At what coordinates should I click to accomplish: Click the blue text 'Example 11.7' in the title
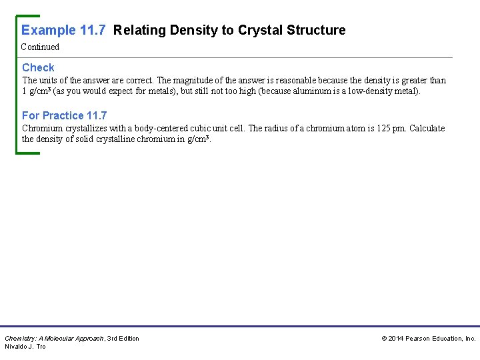click(x=65, y=30)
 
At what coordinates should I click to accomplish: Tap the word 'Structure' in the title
click(x=317, y=30)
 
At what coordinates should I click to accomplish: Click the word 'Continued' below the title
click(x=40, y=47)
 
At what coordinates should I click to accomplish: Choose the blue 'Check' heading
click(x=38, y=67)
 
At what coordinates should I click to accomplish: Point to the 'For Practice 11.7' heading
click(x=64, y=115)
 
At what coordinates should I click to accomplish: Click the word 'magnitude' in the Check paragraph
click(x=195, y=81)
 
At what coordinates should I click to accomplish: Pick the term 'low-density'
click(x=371, y=91)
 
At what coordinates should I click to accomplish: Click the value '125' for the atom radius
click(x=394, y=129)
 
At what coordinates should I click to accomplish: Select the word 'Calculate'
click(x=427, y=129)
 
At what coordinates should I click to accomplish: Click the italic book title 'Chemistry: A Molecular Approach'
click(x=54, y=339)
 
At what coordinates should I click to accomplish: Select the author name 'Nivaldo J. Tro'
click(x=25, y=347)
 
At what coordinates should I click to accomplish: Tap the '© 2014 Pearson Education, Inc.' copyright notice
click(x=429, y=339)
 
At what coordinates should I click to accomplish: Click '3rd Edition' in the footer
click(x=123, y=339)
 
